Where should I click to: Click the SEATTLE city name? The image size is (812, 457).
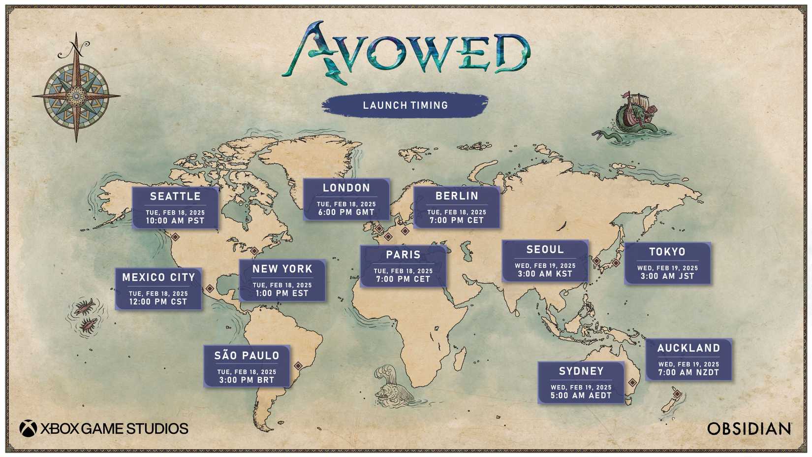[x=175, y=196]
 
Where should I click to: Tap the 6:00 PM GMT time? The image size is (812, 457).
[x=346, y=213]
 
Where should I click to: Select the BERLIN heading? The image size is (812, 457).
[x=457, y=196]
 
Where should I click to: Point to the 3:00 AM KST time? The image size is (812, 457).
[x=545, y=274]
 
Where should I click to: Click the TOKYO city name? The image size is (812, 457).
[x=667, y=252]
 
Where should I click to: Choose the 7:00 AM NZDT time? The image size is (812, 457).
[x=688, y=373]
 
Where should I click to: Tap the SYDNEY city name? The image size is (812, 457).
[x=581, y=371]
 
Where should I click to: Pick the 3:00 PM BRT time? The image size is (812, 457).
[x=247, y=380]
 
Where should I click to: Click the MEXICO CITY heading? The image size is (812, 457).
[x=158, y=278]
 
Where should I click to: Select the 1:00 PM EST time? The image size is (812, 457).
[x=282, y=294]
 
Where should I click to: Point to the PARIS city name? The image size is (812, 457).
[x=403, y=255]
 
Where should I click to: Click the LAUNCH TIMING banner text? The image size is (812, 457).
[x=405, y=105]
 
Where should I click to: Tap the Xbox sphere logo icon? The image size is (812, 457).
[x=28, y=428]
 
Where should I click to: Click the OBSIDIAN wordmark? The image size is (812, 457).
[x=749, y=429]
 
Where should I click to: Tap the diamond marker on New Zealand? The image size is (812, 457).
[x=678, y=394]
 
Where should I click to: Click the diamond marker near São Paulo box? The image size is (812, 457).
[x=298, y=366]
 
